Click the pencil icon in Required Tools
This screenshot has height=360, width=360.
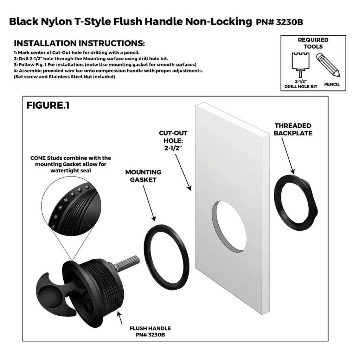coord(328,65)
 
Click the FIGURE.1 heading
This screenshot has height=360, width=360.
coord(48,105)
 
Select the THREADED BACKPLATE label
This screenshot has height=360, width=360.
coord(293,129)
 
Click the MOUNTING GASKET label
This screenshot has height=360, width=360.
coord(143,176)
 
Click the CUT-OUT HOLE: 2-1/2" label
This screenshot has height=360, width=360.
coord(173,141)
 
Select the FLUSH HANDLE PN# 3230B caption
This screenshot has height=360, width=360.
coord(150,331)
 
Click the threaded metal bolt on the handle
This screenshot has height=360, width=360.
coord(127,262)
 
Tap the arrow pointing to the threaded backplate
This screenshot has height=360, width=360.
coord(288,156)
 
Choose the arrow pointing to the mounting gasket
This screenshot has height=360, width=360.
coord(149,203)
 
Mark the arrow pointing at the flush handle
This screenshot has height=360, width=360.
coord(120,317)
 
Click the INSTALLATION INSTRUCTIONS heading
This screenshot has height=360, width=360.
coord(79,43)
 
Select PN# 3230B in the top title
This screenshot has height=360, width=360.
coord(279,22)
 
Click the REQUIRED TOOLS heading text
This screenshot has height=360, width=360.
coord(313,43)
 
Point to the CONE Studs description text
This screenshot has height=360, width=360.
coord(71,164)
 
